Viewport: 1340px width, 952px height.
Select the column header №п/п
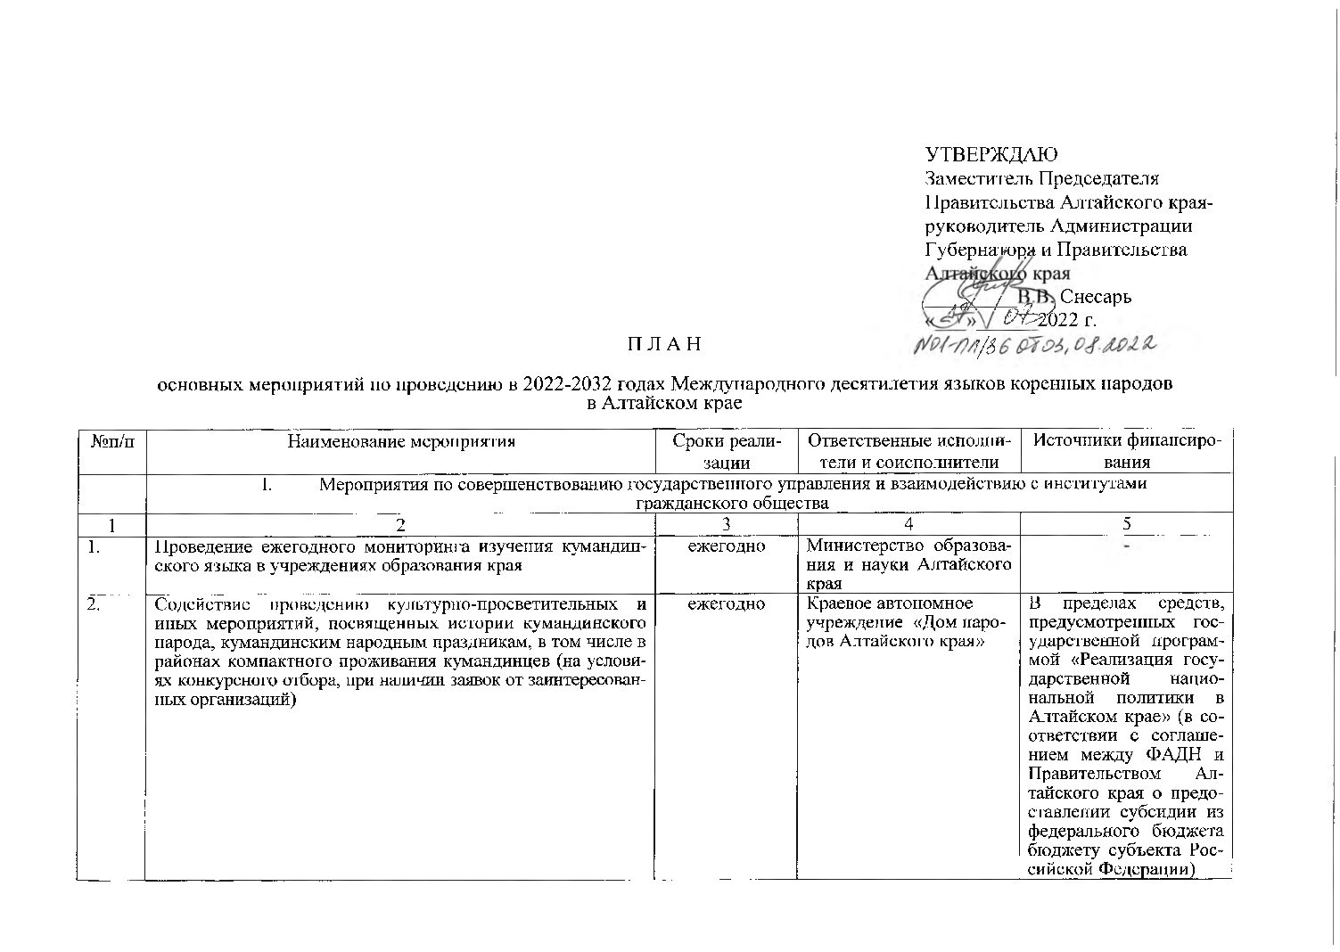point(111,440)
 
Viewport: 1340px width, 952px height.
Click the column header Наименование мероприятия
point(401,440)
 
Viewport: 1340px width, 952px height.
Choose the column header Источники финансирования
point(1125,451)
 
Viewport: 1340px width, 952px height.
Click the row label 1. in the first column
point(94,546)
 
